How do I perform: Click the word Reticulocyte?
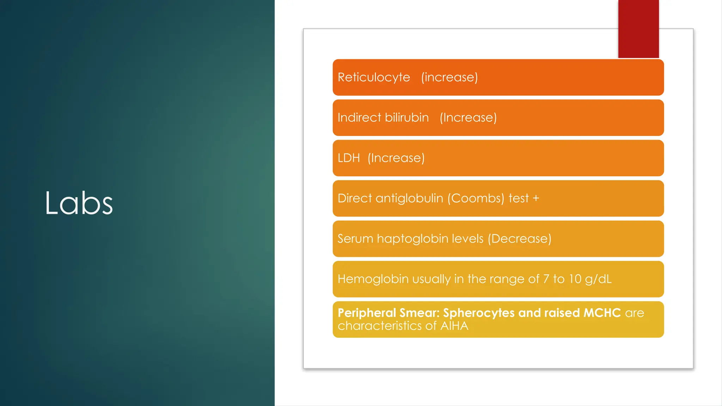(x=374, y=78)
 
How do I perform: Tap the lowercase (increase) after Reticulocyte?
(x=449, y=78)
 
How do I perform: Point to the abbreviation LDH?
(x=349, y=158)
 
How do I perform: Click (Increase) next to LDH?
(x=396, y=158)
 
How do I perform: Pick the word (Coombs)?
(x=476, y=198)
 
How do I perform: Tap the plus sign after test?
(x=536, y=198)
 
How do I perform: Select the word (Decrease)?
(x=519, y=239)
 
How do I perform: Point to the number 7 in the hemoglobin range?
(x=546, y=279)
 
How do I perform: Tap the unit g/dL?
(x=598, y=279)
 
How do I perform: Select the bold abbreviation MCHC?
(x=602, y=313)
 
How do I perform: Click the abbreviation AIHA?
(x=454, y=326)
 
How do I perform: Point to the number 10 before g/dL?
(x=575, y=279)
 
